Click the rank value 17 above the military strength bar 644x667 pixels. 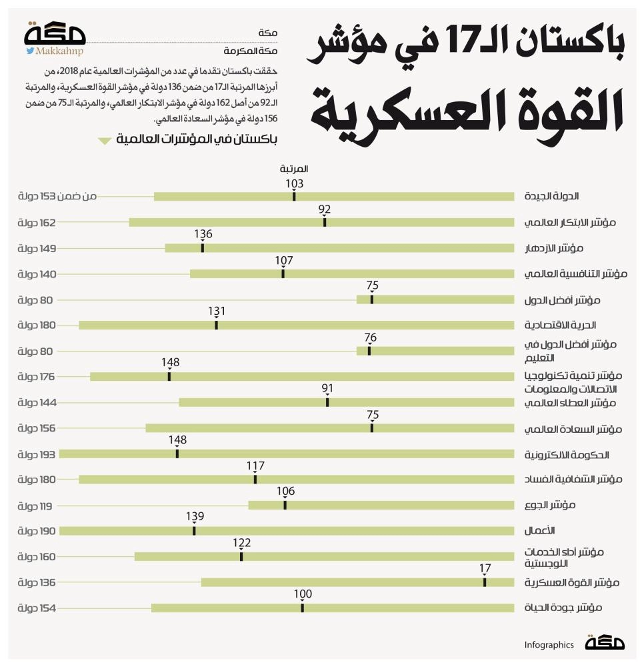(485, 568)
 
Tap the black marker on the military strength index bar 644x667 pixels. (485, 582)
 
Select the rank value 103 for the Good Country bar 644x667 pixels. (294, 183)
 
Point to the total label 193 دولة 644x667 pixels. (36, 454)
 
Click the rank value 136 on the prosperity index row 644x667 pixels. (203, 235)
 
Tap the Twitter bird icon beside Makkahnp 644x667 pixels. (30, 51)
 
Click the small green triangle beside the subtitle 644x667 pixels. (104, 141)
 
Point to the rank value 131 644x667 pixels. (217, 311)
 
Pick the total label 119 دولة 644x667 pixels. (36, 506)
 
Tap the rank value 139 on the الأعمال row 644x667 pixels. (195, 517)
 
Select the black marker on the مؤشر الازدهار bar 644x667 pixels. (203, 248)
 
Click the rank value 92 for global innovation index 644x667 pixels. (325, 209)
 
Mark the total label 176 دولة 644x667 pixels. (36, 377)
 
